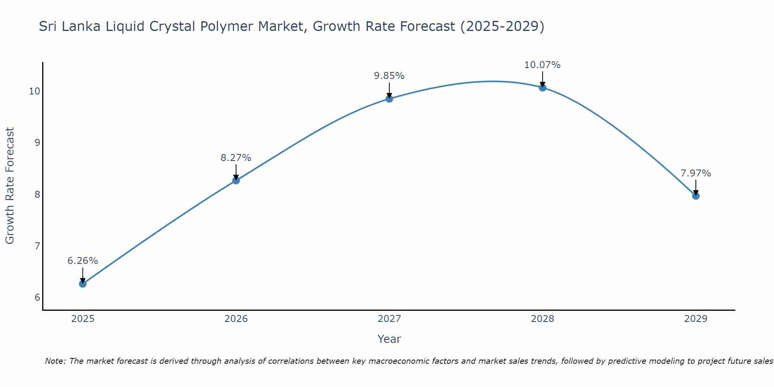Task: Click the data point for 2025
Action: [82, 284]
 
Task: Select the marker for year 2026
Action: [236, 180]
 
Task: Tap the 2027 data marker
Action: [389, 99]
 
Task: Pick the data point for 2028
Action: [542, 87]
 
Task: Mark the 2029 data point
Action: [695, 196]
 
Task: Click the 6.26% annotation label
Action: [82, 261]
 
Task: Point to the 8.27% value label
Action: [236, 158]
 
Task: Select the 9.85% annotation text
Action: [389, 76]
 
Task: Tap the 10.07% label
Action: [542, 65]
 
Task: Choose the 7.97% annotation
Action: [695, 173]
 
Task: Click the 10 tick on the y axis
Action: [34, 91]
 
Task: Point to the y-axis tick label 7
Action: [37, 246]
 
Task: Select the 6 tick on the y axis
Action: [37, 297]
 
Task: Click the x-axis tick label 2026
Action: [236, 319]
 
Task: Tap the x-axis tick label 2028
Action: [542, 319]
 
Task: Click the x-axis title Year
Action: [389, 339]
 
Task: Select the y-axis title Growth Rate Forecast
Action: [10, 185]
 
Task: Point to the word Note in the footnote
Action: [56, 361]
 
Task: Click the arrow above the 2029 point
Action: [695, 187]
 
